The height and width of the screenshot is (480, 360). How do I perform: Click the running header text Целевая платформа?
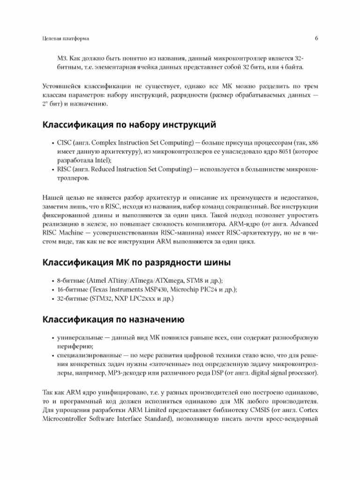click(x=66, y=38)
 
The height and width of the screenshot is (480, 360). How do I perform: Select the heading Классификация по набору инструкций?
click(x=129, y=125)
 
